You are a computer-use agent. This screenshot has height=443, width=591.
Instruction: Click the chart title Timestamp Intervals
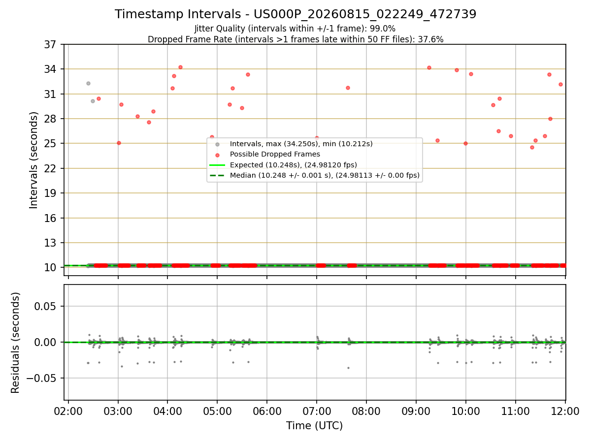178,14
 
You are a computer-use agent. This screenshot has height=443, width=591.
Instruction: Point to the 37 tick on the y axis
50,45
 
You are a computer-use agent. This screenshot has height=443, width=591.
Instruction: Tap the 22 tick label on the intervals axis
50,169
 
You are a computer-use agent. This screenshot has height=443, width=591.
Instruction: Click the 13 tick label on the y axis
50,243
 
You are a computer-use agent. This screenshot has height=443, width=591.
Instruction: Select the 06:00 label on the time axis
267,411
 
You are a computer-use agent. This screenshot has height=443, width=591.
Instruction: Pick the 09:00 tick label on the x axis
416,411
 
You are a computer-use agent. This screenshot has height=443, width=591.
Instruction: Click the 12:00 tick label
565,411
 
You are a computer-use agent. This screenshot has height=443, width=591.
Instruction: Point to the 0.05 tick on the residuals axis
45,306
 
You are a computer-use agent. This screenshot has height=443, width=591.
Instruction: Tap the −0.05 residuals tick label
41,379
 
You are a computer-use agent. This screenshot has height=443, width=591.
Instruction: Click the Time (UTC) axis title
314,426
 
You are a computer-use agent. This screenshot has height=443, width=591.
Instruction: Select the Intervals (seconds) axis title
33,160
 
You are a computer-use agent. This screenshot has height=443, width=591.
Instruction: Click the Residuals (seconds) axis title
15,343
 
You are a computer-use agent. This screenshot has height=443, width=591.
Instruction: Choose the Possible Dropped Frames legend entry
275,155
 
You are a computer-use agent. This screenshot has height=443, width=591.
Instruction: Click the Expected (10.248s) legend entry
293,165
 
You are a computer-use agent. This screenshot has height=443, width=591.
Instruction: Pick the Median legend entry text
325,175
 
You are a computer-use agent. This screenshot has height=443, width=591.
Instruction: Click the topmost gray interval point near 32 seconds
88,83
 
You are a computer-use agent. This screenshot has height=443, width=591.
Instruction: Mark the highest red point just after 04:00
180,67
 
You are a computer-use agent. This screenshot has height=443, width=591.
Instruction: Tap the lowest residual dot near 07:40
348,368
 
